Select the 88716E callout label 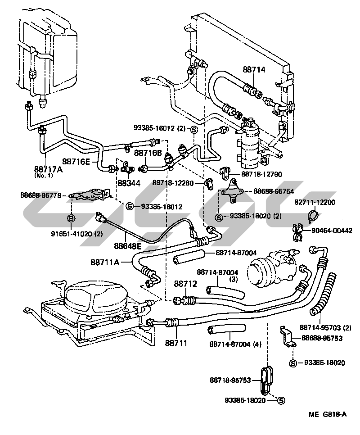tap(76, 161)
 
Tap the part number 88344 tap(129, 183)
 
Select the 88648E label tap(127, 246)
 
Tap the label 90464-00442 tap(332, 230)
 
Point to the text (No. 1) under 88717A tap(44, 176)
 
